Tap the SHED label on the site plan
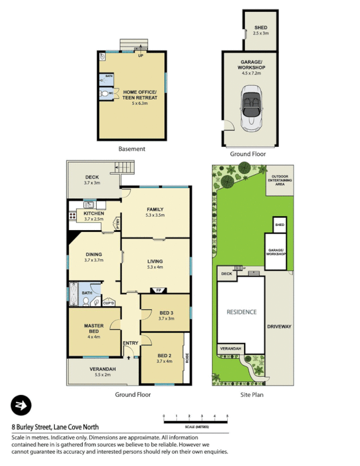pyautogui.click(x=280, y=224)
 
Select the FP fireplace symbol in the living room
pyautogui.click(x=158, y=290)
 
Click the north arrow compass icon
pyautogui.click(x=21, y=405)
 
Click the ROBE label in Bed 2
pyautogui.click(x=187, y=358)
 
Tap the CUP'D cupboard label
pyautogui.click(x=108, y=303)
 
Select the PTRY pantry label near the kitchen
pyautogui.click(x=117, y=222)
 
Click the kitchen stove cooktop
pyautogui.click(x=73, y=216)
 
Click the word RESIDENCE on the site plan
pyautogui.click(x=241, y=312)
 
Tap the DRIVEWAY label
pyautogui.click(x=279, y=326)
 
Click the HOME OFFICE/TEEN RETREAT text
pyautogui.click(x=140, y=95)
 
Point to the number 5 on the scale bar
pyautogui.click(x=227, y=416)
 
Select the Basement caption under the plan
pyautogui.click(x=132, y=149)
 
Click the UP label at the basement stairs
pyautogui.click(x=140, y=56)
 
